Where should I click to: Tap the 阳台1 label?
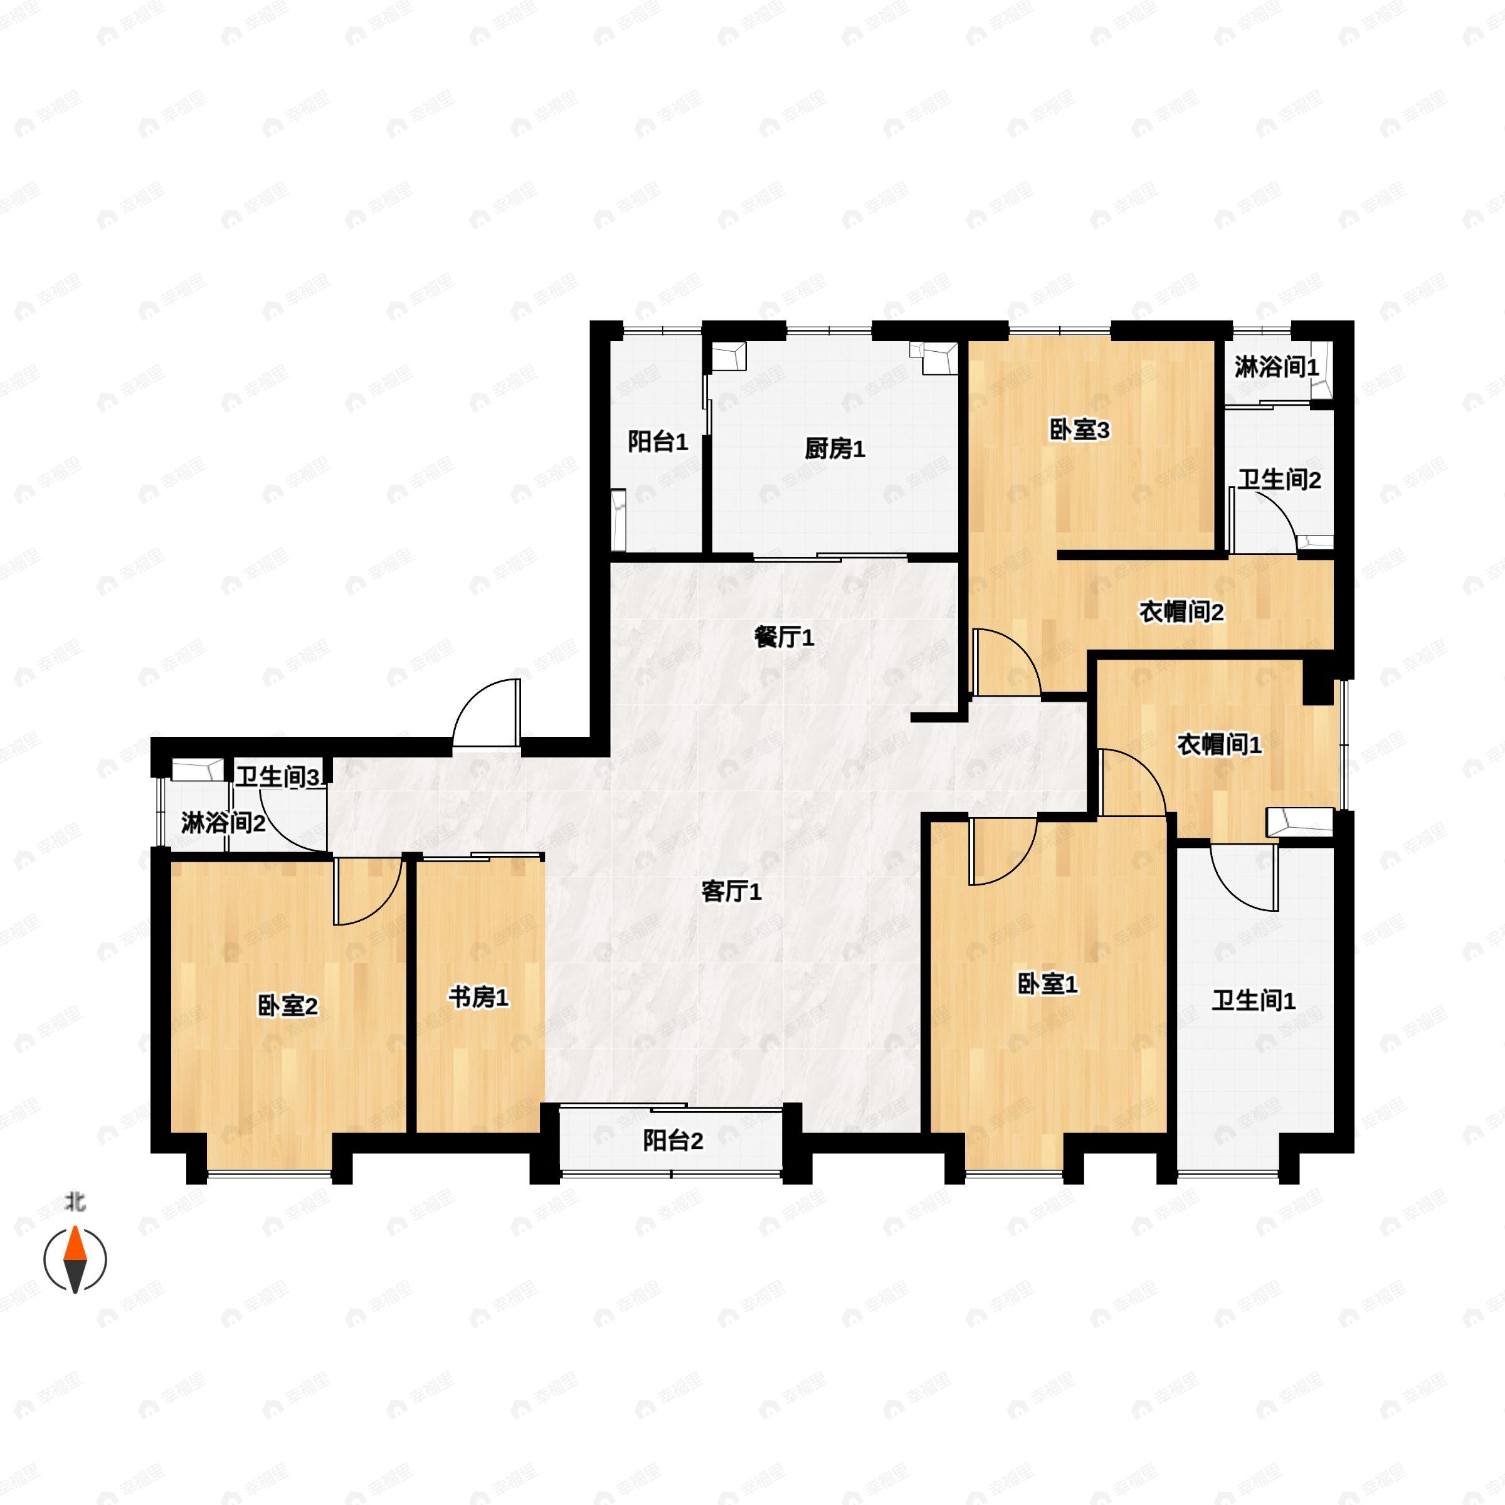(x=658, y=443)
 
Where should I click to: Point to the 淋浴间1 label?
(x=1276, y=367)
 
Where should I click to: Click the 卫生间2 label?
(x=1279, y=479)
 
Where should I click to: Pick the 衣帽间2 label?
(x=1181, y=612)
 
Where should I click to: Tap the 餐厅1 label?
(x=784, y=638)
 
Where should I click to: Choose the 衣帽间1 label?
(x=1219, y=745)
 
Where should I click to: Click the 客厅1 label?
(x=731, y=892)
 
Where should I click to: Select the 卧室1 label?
(x=1048, y=985)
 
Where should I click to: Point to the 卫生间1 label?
(x=1254, y=1001)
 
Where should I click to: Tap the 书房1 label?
(x=478, y=997)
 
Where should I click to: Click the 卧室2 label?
(x=288, y=1006)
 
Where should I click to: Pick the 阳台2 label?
(x=672, y=1141)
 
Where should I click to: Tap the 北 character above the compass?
(x=75, y=1203)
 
